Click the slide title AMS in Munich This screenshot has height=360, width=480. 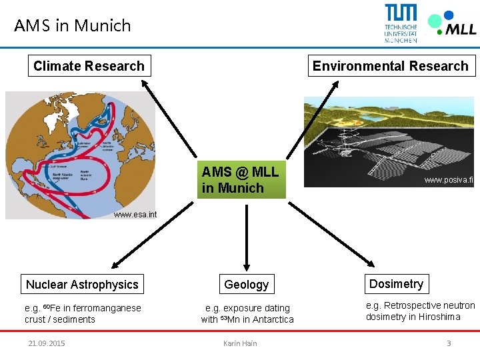click(73, 25)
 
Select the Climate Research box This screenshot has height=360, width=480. click(89, 66)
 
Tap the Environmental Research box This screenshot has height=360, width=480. click(391, 66)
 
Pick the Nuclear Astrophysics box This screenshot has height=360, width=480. click(82, 285)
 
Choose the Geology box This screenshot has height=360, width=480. click(246, 285)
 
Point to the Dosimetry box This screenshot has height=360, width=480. click(396, 284)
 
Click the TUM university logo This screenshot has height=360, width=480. click(401, 23)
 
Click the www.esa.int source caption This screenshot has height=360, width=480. click(135, 215)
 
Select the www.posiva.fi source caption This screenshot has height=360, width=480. click(448, 180)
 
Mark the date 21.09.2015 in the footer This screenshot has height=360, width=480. click(47, 343)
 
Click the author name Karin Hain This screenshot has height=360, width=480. click(240, 343)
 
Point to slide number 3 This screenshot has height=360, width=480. click(449, 343)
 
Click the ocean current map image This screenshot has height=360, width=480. click(80, 150)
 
